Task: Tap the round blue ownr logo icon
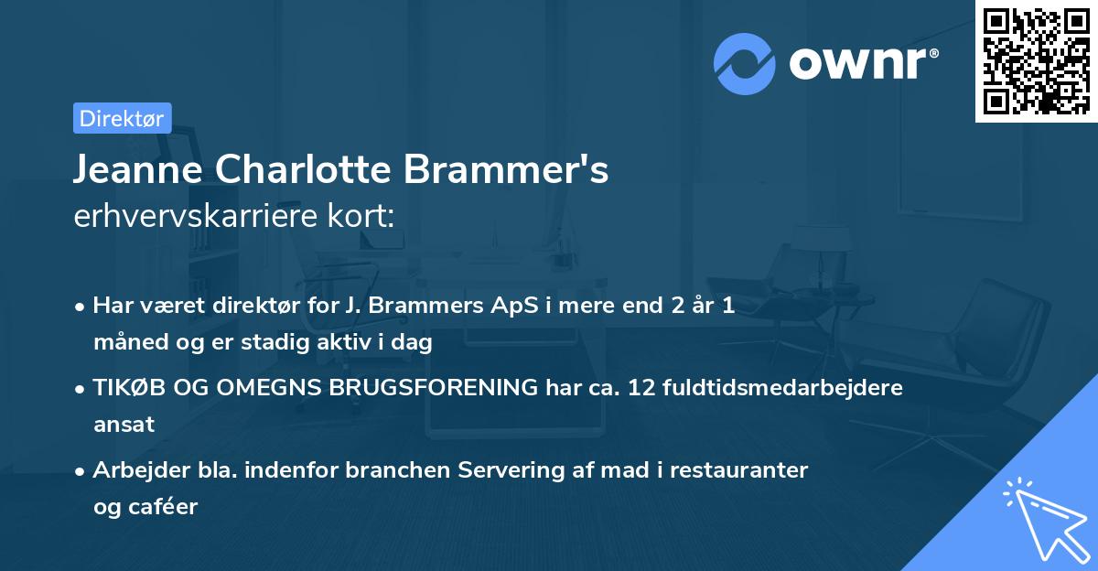[744, 64]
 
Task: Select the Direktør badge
[122, 118]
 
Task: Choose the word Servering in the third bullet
[530, 469]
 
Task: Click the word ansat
[124, 424]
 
